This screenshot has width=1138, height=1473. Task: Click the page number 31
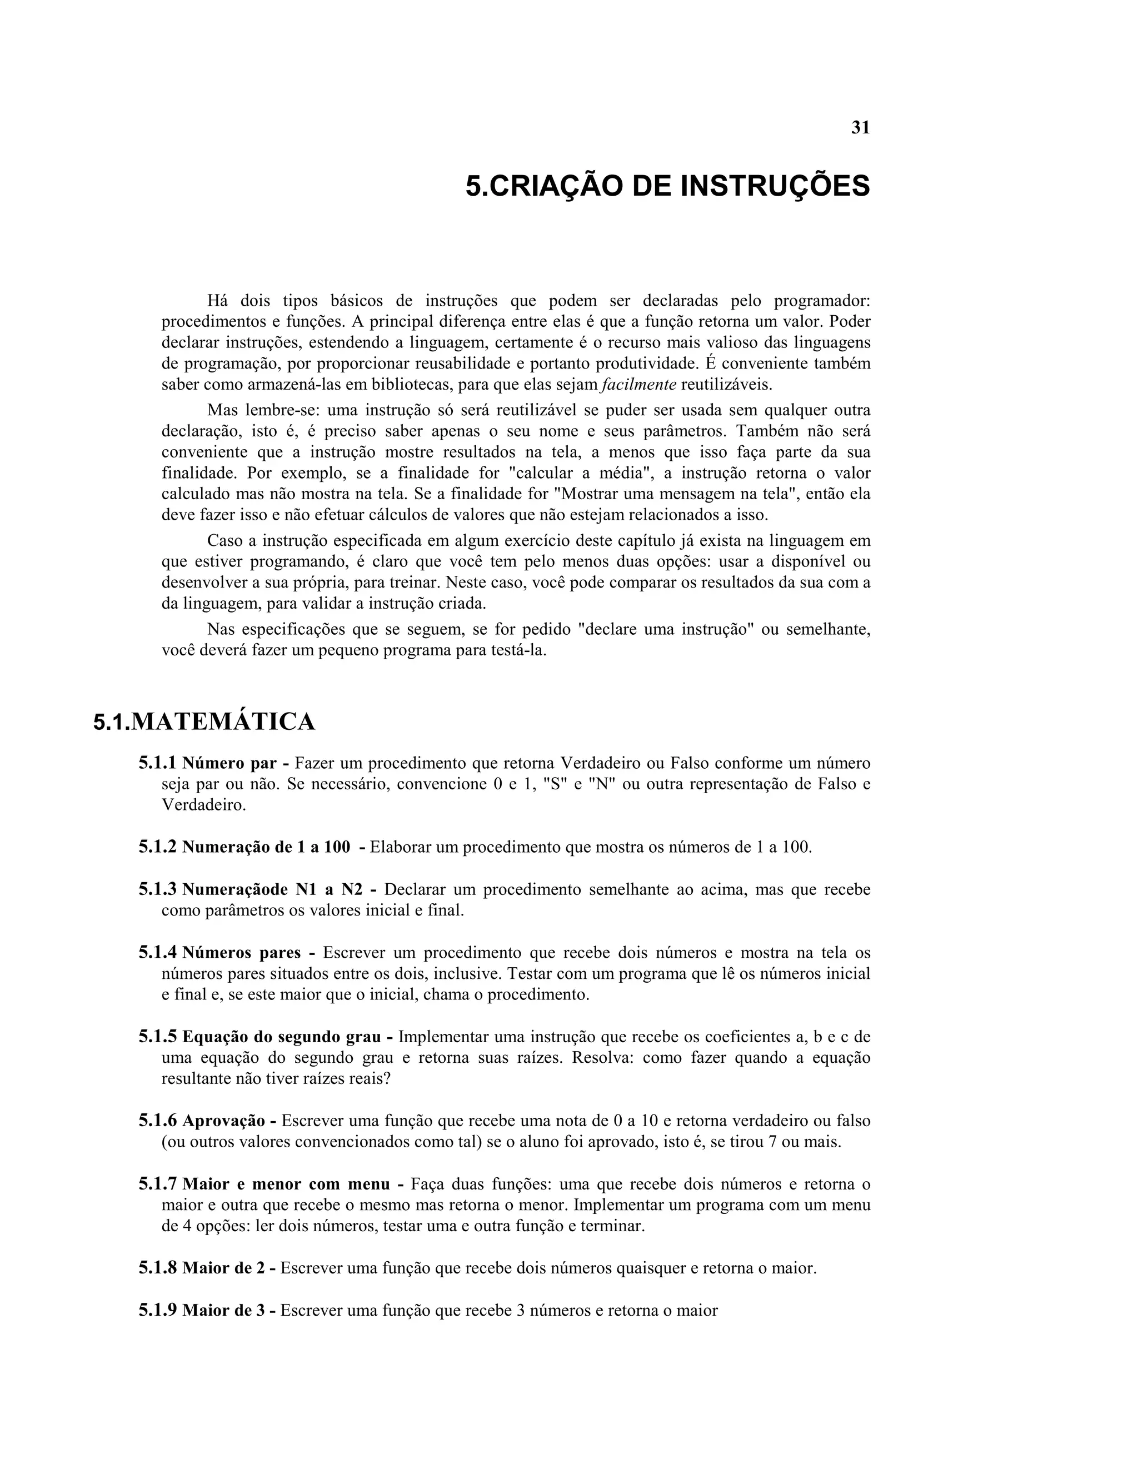click(x=860, y=128)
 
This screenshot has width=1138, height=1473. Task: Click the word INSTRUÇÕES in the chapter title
click(x=775, y=186)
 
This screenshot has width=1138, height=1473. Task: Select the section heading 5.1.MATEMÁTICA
click(x=203, y=721)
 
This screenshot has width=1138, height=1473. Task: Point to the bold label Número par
click(x=229, y=764)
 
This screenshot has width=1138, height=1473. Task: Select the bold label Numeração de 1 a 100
click(x=266, y=847)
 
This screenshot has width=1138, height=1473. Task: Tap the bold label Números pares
click(x=241, y=953)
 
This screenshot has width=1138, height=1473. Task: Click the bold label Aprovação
click(x=223, y=1121)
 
